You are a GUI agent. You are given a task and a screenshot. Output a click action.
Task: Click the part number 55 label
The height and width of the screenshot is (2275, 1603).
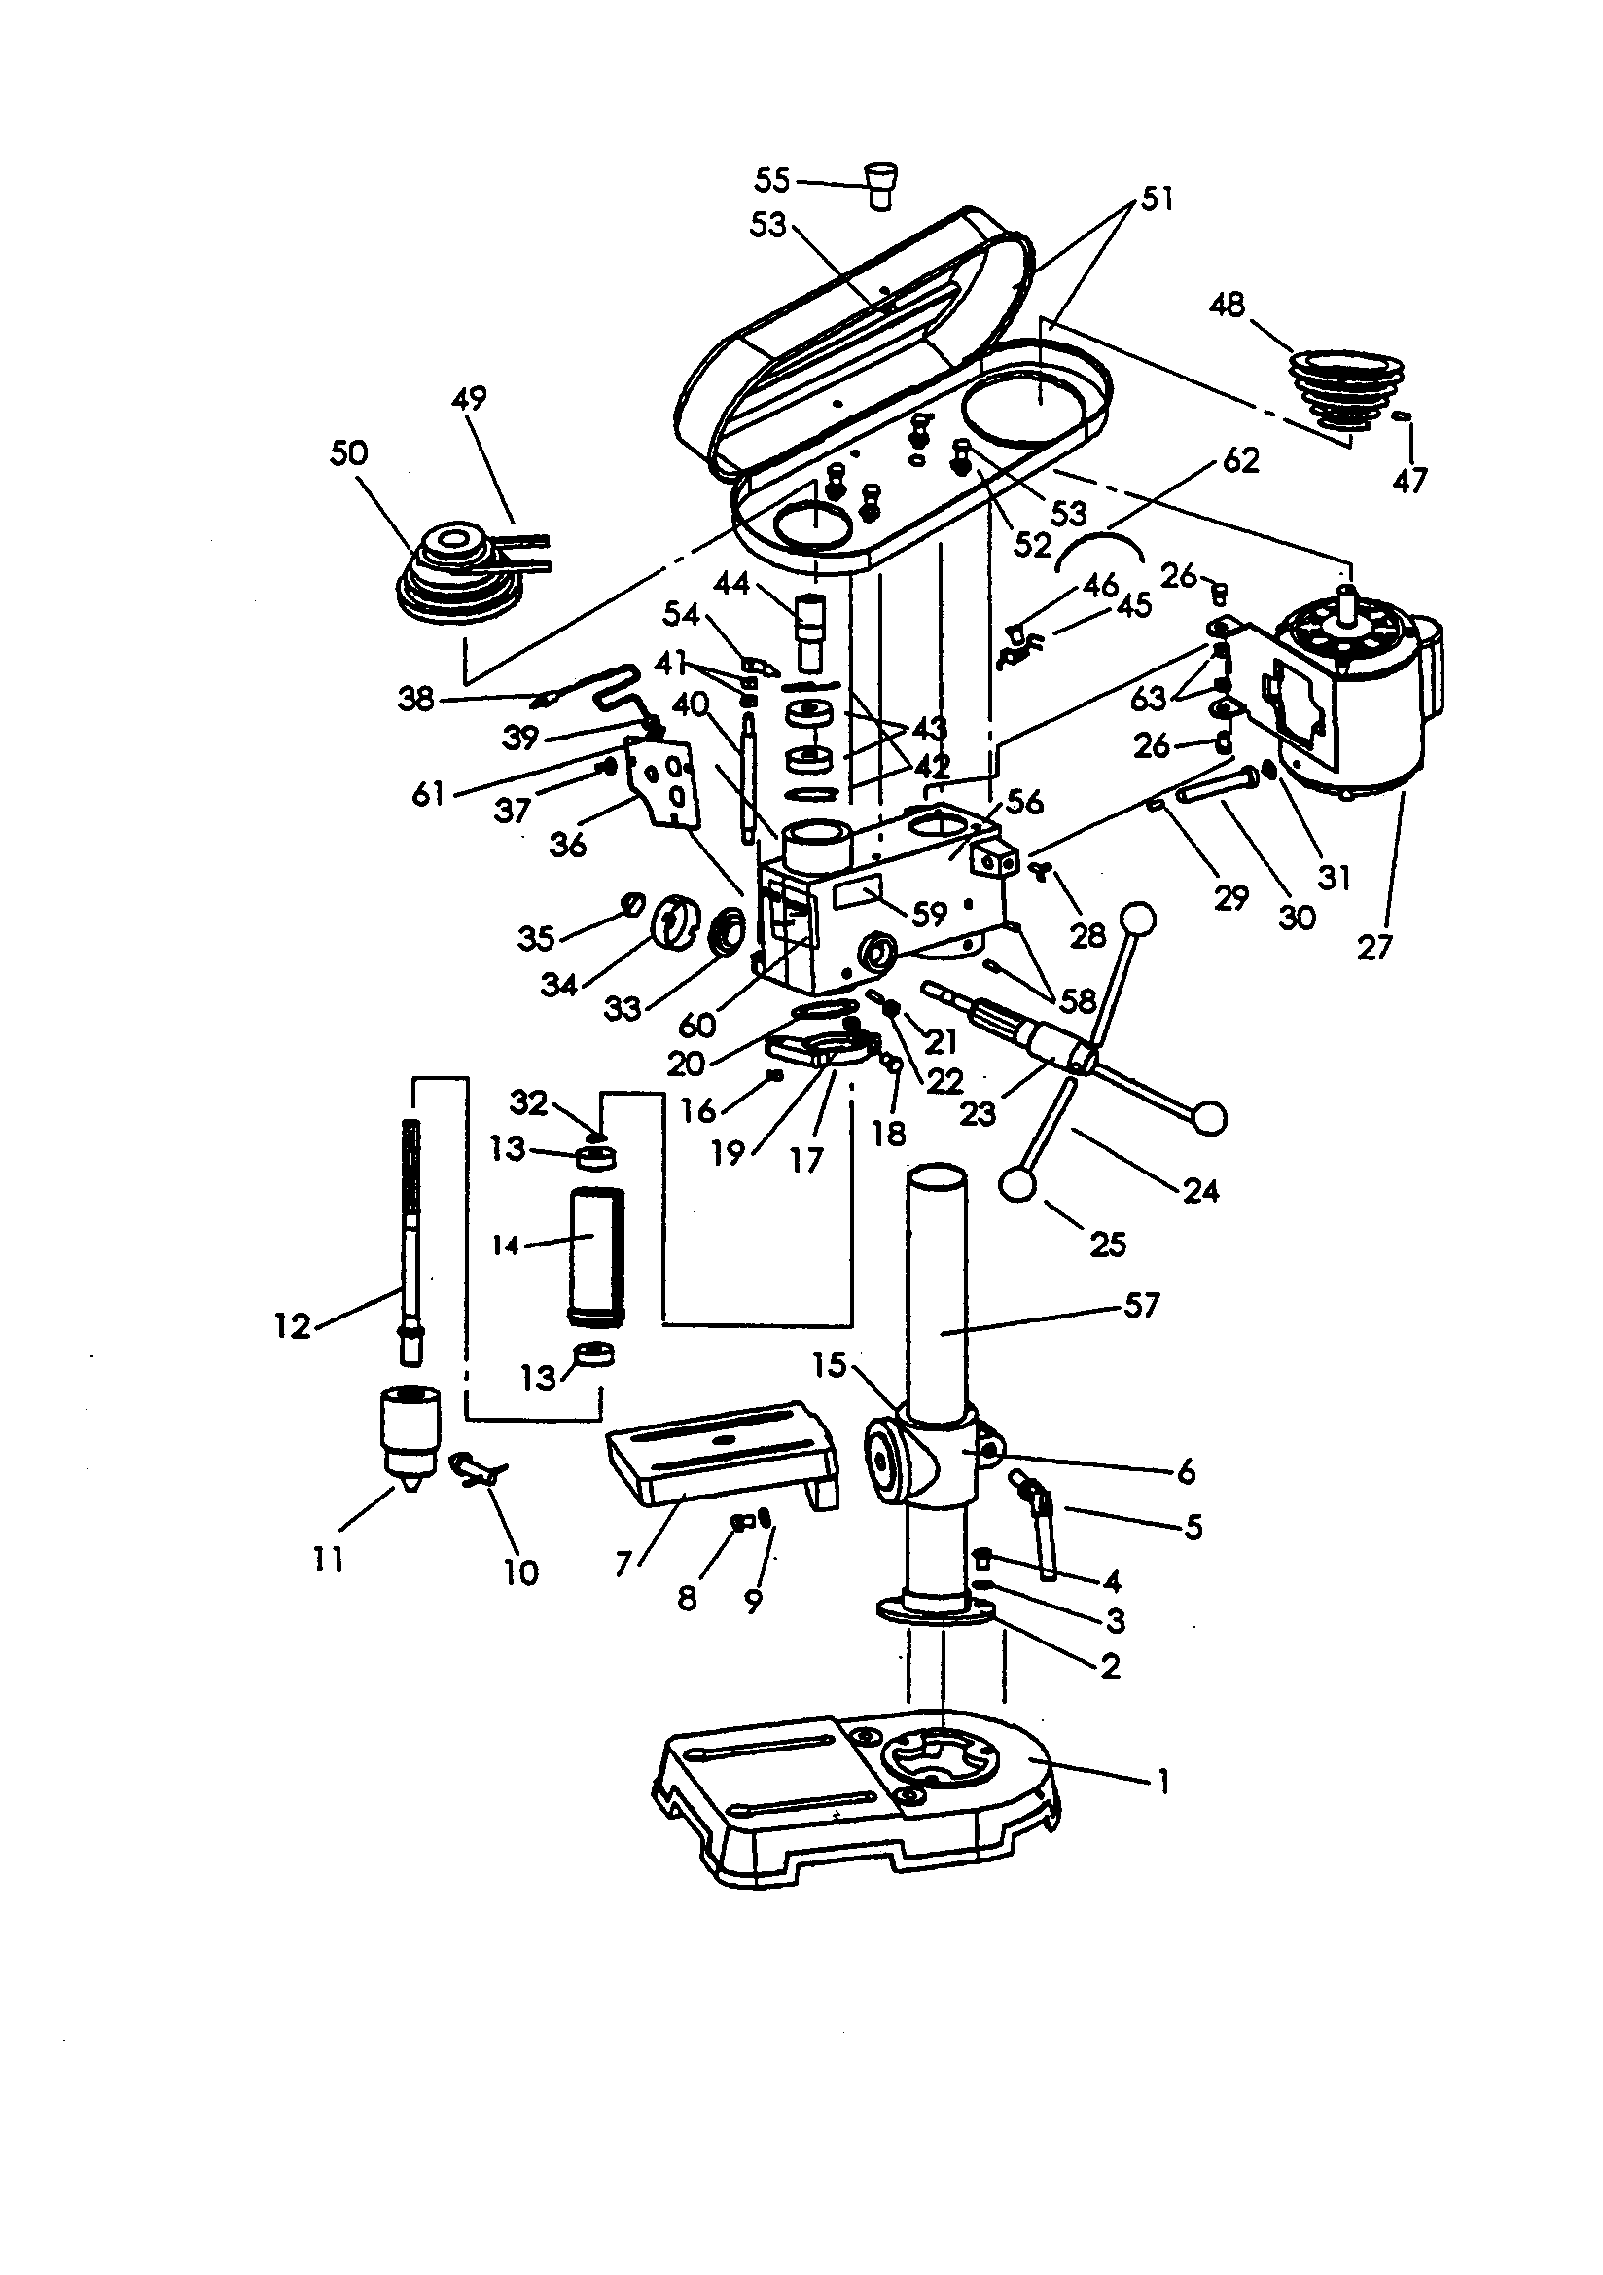tap(771, 180)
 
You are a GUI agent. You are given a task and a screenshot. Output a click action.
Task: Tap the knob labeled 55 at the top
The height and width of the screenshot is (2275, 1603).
tap(880, 185)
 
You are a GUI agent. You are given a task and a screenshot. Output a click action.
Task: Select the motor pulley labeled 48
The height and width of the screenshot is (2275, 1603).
tap(1346, 389)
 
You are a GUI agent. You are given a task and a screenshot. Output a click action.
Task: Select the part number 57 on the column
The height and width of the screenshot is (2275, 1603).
tap(1141, 1306)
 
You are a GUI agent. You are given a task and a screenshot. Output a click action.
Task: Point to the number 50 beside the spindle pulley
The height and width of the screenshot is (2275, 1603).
tap(349, 453)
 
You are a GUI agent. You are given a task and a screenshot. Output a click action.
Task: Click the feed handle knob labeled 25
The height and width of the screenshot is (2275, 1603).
tap(1016, 1184)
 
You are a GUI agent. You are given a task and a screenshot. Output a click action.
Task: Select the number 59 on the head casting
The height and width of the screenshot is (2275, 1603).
tap(929, 914)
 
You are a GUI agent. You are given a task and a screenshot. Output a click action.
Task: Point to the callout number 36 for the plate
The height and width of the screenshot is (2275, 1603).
tap(568, 845)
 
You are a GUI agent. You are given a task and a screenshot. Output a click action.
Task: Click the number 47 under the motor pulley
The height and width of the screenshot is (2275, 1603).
tap(1408, 481)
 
